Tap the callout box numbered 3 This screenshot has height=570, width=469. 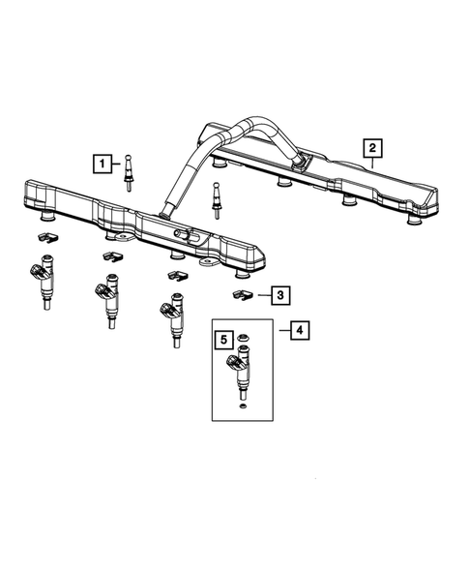(278, 294)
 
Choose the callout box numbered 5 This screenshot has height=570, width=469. (222, 340)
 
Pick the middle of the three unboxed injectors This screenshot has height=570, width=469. (107, 298)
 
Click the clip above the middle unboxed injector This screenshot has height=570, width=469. (110, 255)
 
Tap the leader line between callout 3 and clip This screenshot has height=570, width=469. (260, 294)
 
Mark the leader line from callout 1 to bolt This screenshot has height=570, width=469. (117, 164)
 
